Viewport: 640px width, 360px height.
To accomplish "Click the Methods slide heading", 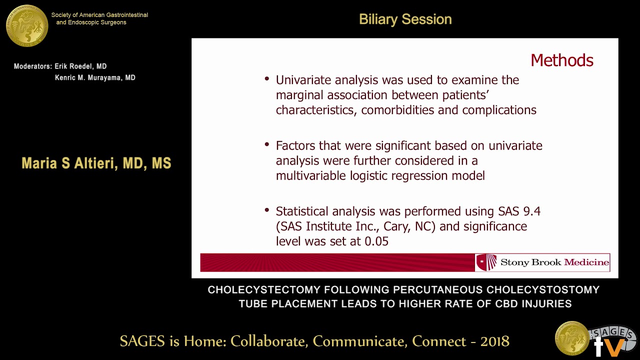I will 561,60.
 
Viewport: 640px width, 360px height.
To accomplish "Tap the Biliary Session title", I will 405,19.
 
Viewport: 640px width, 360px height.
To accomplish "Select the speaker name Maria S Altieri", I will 96,163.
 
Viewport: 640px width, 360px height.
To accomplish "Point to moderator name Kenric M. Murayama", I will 95,78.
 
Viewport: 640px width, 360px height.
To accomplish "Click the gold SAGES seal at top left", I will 27,26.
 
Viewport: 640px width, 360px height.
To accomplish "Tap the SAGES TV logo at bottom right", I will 611,341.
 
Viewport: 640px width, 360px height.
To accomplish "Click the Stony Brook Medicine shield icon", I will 486,262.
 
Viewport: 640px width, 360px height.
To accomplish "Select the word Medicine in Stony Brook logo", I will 586,262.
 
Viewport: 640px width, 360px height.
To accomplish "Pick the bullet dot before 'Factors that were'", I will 267,145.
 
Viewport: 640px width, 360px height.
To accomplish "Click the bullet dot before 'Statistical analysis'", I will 267,210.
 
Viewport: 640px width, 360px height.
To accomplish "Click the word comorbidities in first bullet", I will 397,110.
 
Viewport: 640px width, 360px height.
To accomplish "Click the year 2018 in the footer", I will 494,341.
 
